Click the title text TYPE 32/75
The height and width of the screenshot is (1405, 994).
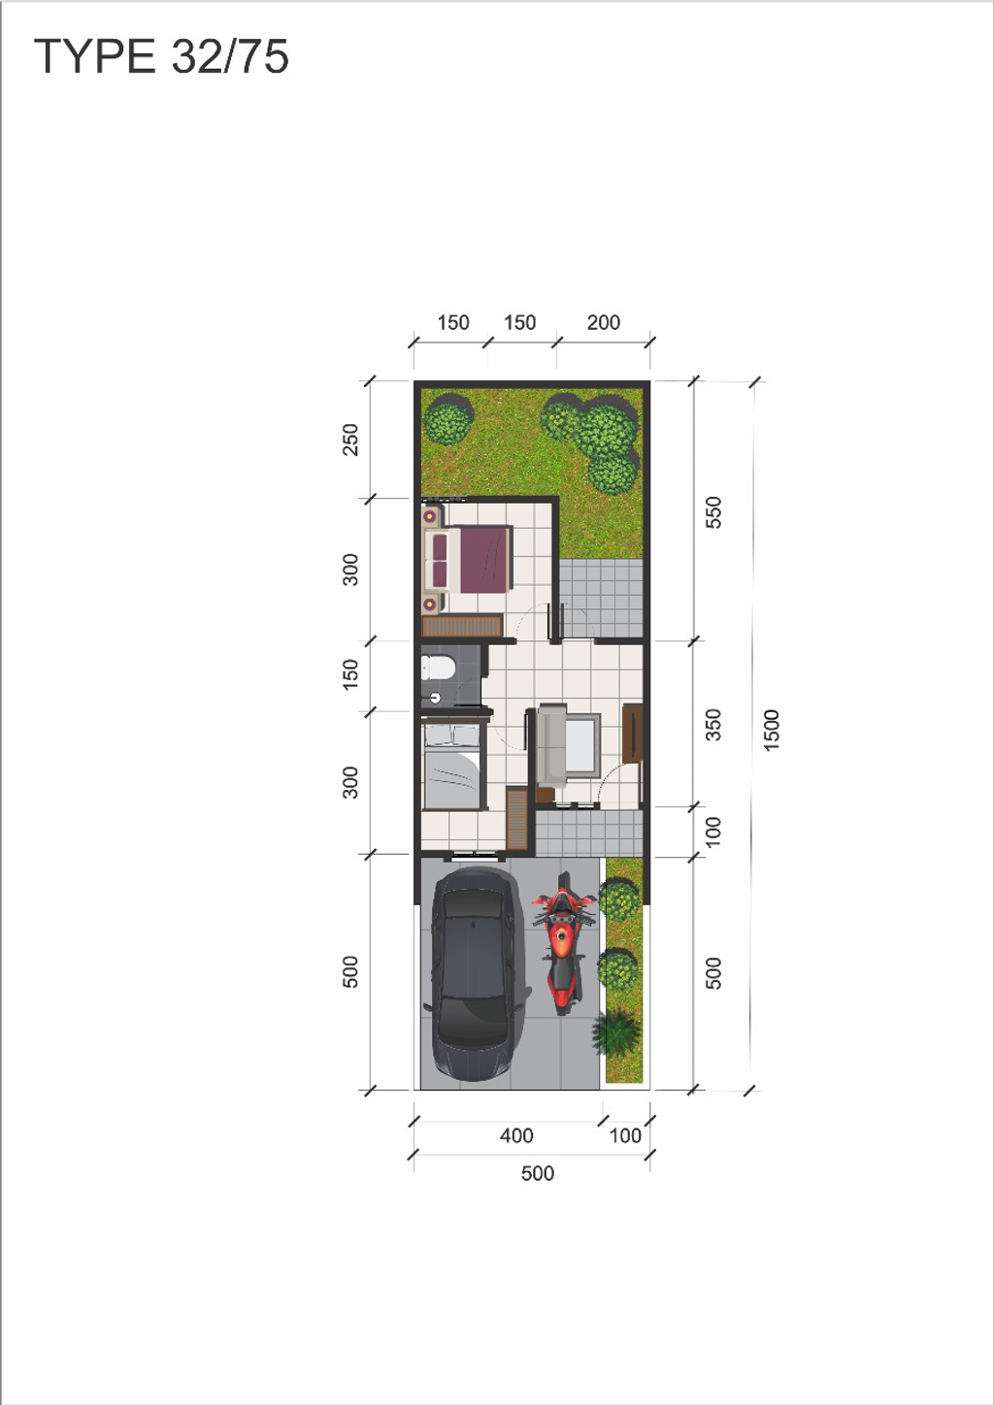tap(161, 56)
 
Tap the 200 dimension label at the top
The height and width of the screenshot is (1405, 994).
tap(603, 322)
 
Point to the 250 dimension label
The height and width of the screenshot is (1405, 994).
tap(350, 439)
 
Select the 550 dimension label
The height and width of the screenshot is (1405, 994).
tap(713, 511)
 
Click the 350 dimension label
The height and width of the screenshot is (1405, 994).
tap(713, 724)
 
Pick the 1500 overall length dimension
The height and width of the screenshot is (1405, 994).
tap(772, 730)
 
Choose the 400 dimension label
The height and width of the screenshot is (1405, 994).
tap(516, 1135)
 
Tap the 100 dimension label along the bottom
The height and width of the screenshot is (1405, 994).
tap(625, 1135)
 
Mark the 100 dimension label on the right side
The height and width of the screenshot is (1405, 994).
tap(713, 832)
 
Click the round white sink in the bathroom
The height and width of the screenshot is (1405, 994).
tap(435, 698)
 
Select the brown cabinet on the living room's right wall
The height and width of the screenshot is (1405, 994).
tap(632, 735)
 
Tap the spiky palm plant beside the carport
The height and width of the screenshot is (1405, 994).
tap(616, 1033)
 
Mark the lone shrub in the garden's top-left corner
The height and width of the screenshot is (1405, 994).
tap(448, 419)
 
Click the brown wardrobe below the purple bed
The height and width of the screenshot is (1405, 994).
tap(462, 626)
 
